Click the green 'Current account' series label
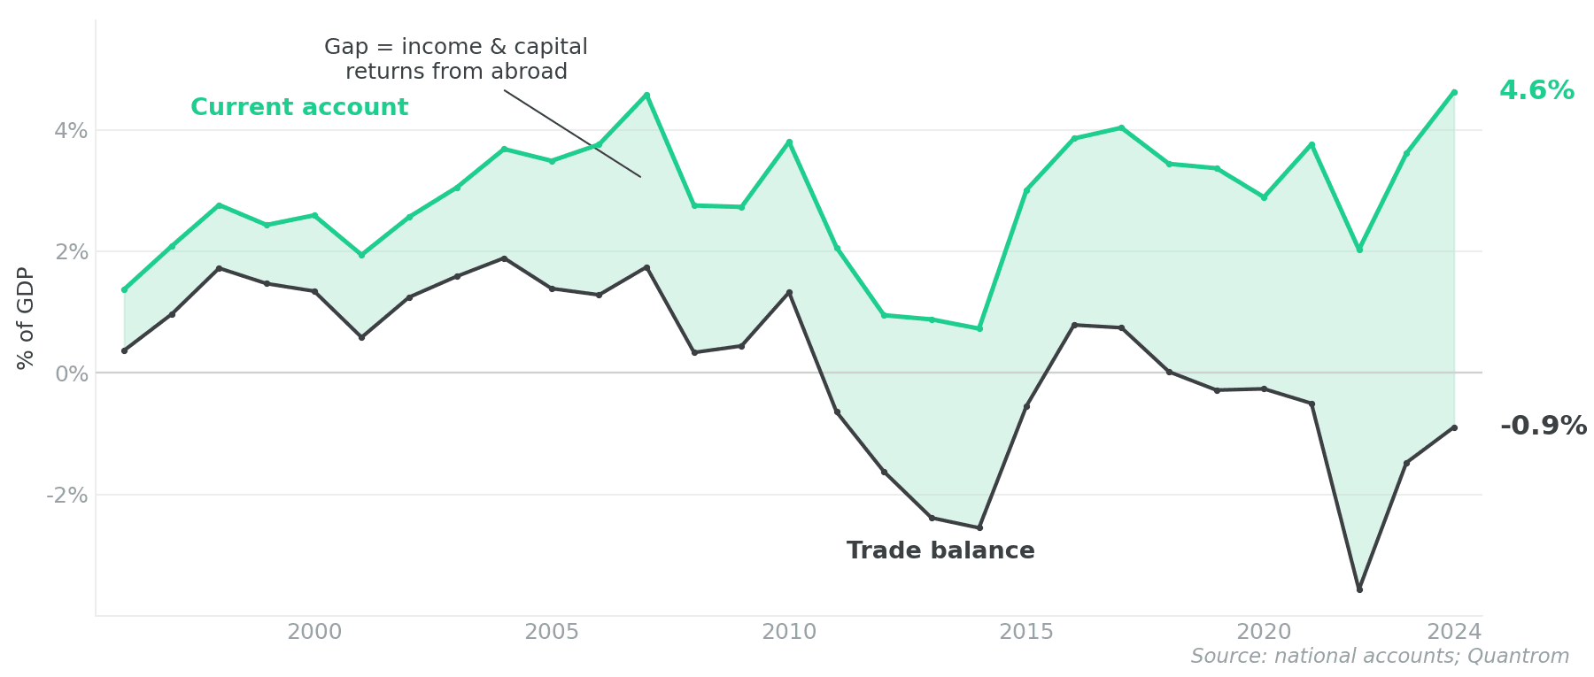tap(299, 108)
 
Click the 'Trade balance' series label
tap(940, 551)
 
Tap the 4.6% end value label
tap(1536, 91)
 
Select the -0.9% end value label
tap(1544, 427)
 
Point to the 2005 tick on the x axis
tap(552, 632)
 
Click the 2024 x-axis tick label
tap(1454, 632)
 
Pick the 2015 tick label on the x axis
tap(1026, 632)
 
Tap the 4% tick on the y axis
tap(71, 131)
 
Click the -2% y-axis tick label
tap(67, 496)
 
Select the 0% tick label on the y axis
tap(71, 373)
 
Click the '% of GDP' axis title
tap(26, 318)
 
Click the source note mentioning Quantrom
tap(1380, 657)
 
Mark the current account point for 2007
tap(646, 95)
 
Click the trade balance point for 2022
tap(1359, 589)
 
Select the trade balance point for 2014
tap(979, 527)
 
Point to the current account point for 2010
tap(789, 142)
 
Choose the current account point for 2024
tap(1454, 92)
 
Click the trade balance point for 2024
tap(1454, 427)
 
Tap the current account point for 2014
tap(979, 328)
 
